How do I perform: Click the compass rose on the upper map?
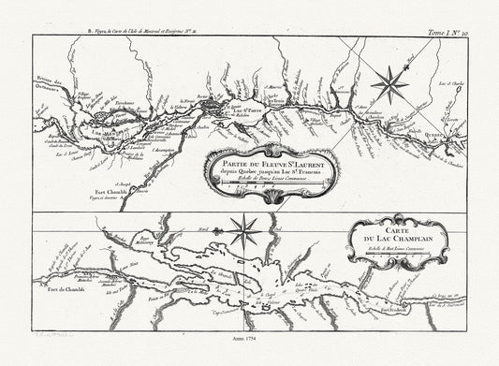[x=389, y=86]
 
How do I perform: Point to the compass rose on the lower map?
[x=245, y=227]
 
